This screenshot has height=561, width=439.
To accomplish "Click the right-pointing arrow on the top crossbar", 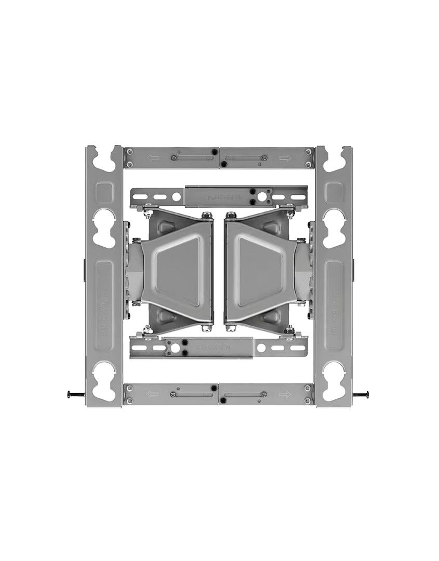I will [285, 158].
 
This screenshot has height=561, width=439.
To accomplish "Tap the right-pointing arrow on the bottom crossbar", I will [285, 394].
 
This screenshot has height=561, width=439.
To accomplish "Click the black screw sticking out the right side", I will [362, 395].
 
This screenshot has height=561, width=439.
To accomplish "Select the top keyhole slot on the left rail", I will [104, 158].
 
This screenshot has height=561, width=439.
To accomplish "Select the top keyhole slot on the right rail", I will [334, 158].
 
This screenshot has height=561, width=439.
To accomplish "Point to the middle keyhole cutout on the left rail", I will [104, 228].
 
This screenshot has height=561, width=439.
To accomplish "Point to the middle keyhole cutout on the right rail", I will [334, 228].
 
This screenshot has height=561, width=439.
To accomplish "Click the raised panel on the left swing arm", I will [177, 270].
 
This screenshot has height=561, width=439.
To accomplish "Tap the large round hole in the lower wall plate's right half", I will [261, 348].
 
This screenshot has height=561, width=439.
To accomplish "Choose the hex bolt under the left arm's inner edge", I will [207, 328].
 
